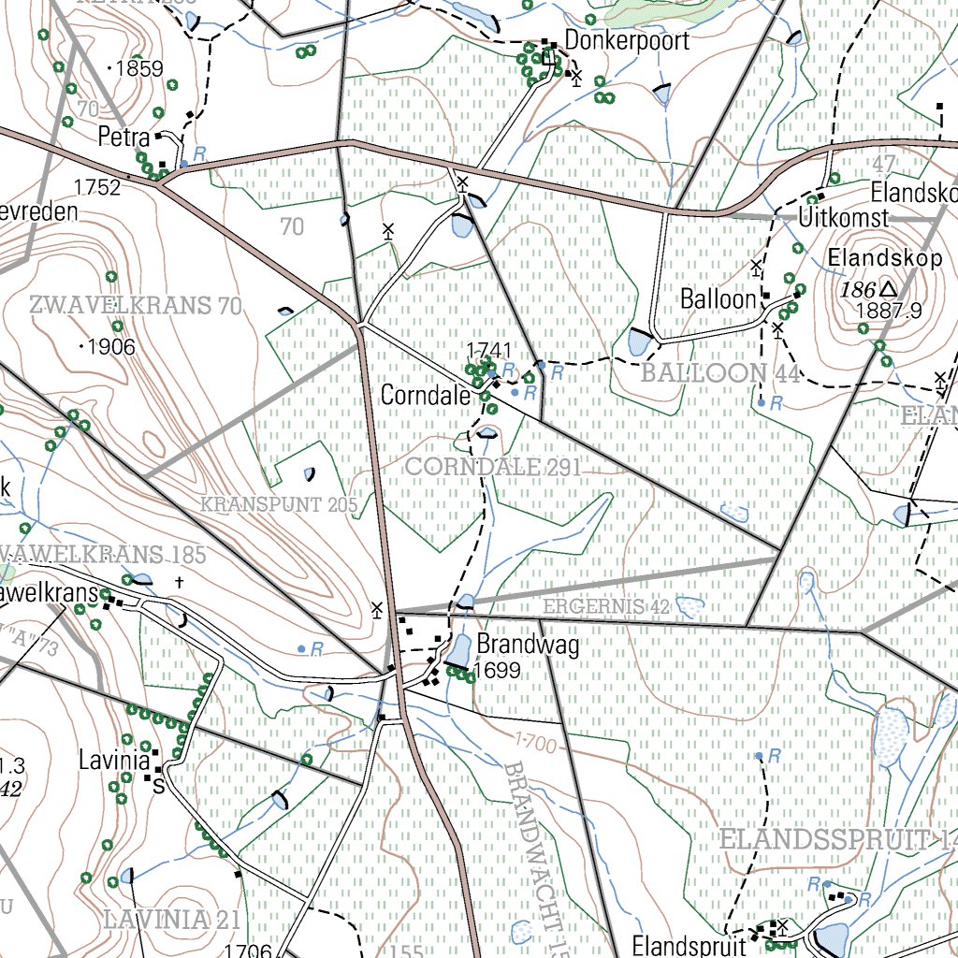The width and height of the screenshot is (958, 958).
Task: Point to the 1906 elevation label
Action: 111,347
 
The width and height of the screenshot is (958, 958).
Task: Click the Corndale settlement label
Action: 425,396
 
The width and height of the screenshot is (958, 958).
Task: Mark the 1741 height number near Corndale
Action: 488,350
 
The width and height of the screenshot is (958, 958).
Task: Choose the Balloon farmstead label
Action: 718,299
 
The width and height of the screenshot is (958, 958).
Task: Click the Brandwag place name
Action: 528,645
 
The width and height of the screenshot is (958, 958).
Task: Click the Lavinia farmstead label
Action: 114,761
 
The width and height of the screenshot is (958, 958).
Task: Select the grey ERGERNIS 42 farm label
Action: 606,607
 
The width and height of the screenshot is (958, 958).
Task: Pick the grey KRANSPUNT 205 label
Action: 279,505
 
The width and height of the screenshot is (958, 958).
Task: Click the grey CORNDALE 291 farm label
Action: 492,467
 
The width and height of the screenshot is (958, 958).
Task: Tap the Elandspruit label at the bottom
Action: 689,945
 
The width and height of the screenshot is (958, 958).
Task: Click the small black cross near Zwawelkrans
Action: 179,582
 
